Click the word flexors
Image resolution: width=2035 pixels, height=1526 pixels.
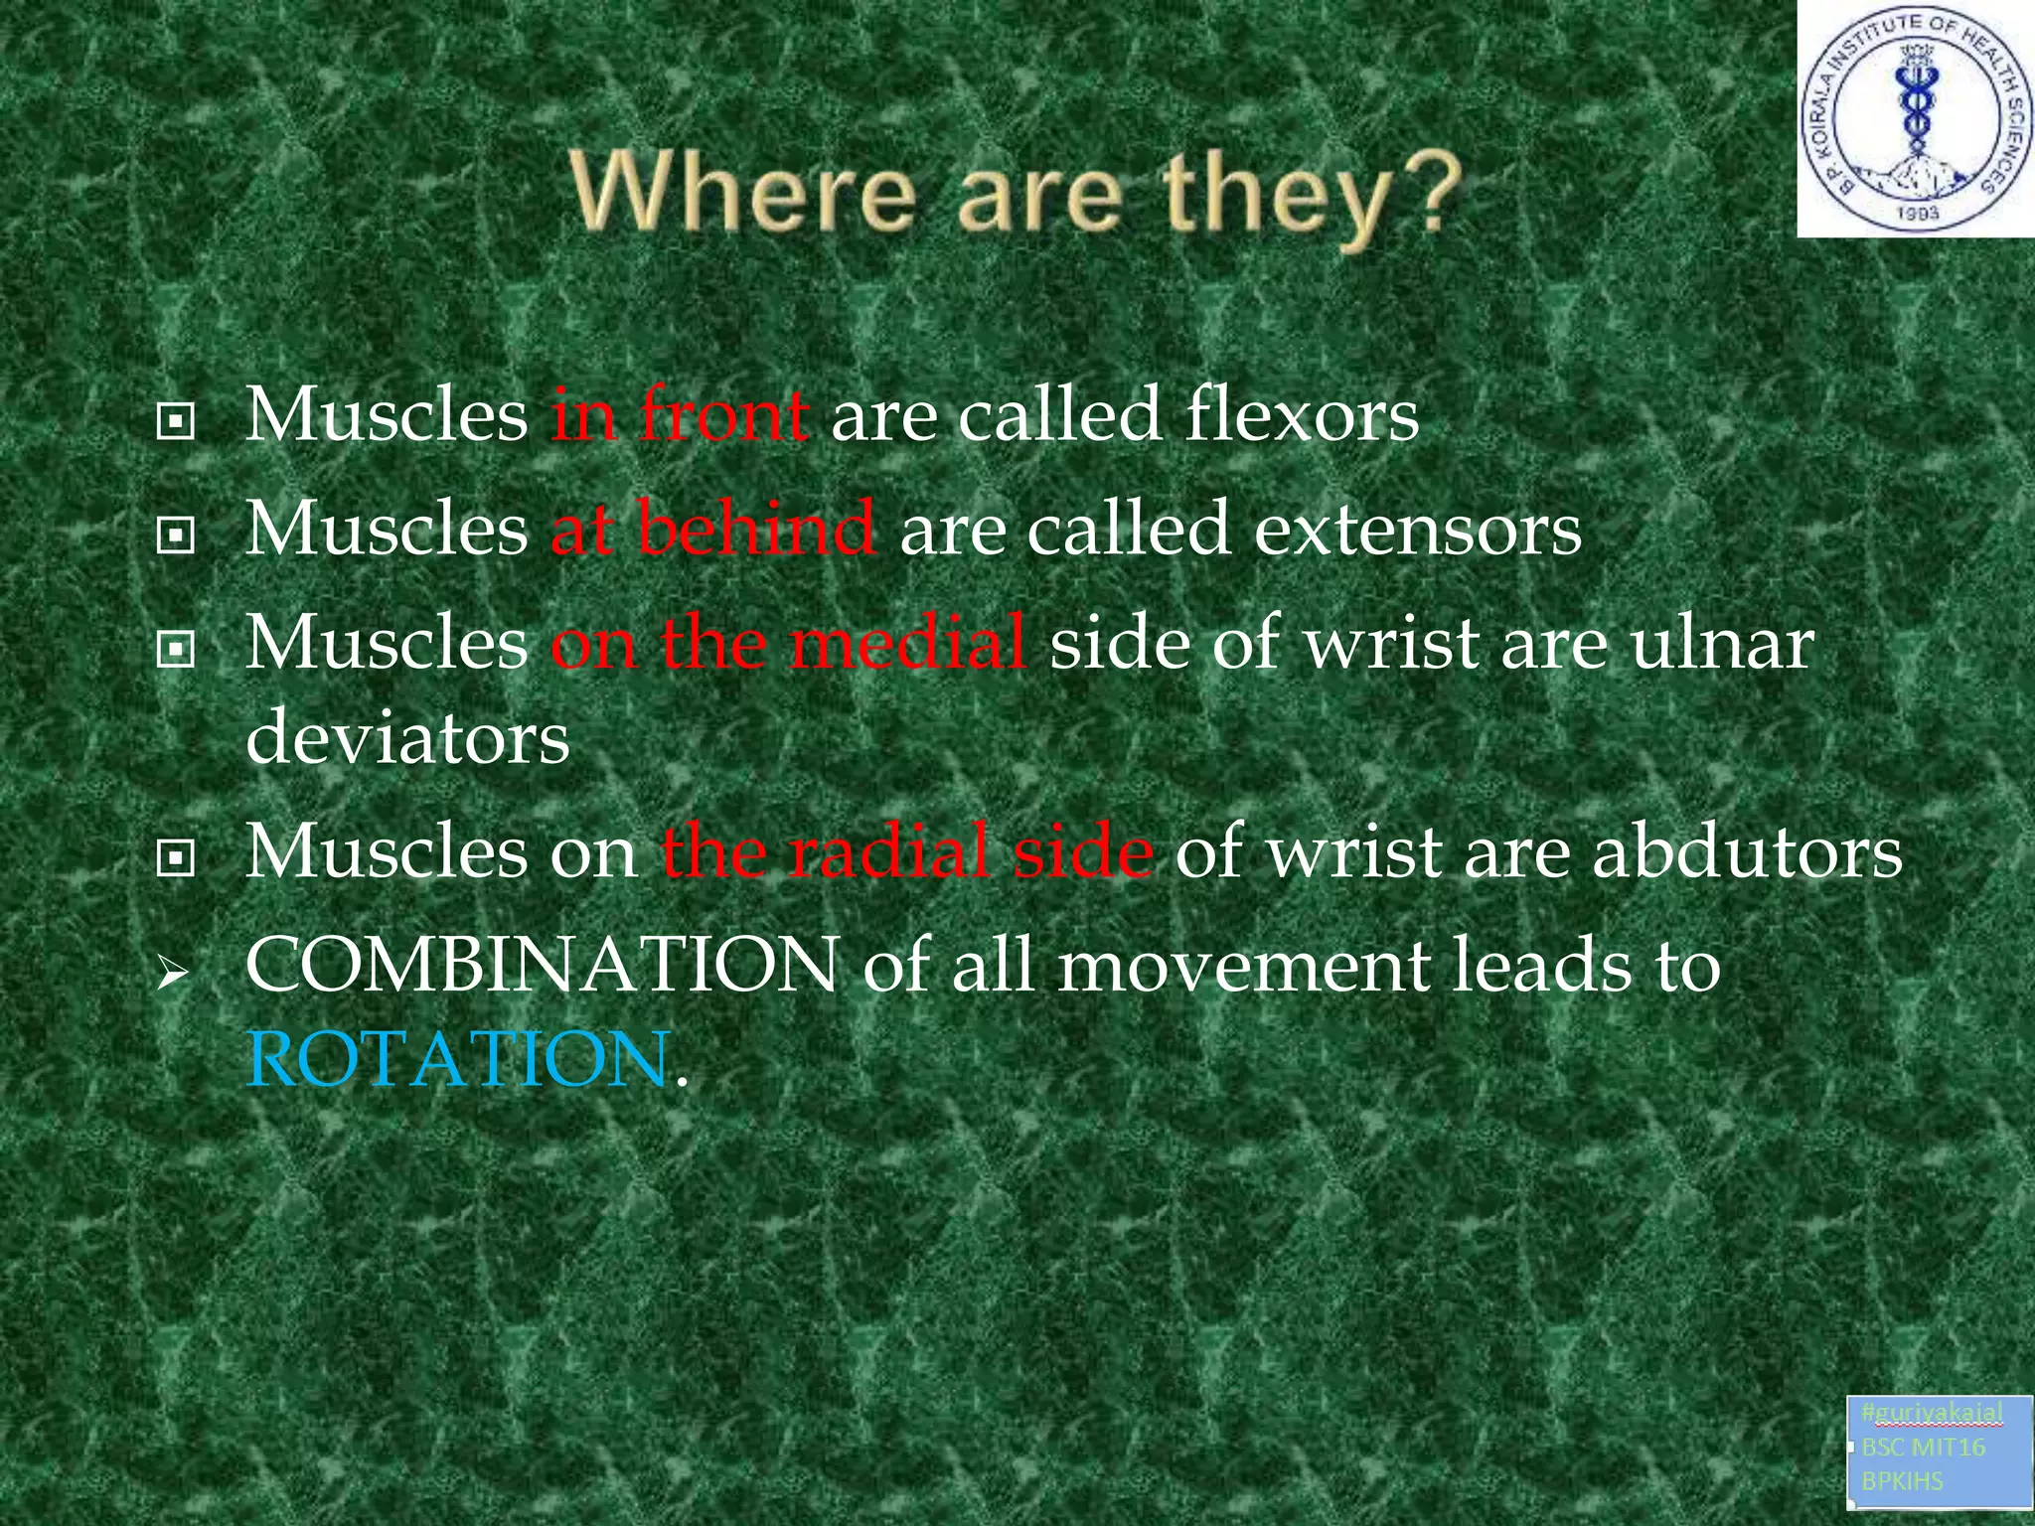coord(1302,415)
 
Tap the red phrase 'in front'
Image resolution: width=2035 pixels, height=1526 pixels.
coord(680,415)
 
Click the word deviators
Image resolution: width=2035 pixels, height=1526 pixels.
coord(407,737)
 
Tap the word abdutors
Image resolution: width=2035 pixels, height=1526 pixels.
coord(1748,852)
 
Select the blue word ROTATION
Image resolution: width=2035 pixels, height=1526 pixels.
coord(457,1059)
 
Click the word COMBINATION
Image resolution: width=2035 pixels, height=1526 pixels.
coord(543,966)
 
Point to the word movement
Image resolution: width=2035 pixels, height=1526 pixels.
coord(1242,966)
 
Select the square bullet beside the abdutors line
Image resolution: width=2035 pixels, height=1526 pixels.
coord(176,860)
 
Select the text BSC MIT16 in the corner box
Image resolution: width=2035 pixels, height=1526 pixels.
coord(1923,1447)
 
